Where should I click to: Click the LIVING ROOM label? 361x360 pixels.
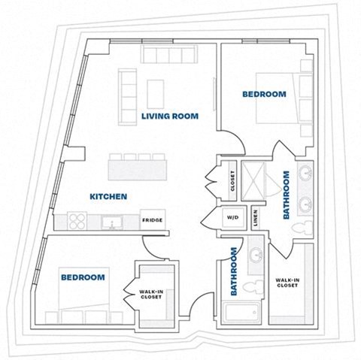pyautogui.click(x=169, y=116)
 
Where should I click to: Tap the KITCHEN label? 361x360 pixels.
pyautogui.click(x=108, y=197)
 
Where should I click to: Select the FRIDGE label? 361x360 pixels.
pyautogui.click(x=152, y=221)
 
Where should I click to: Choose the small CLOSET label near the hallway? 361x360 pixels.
pyautogui.click(x=232, y=180)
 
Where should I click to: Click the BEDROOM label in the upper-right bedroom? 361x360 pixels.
pyautogui.click(x=264, y=94)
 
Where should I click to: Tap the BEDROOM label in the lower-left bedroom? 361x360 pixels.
pyautogui.click(x=82, y=277)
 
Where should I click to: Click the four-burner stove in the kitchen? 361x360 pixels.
pyautogui.click(x=77, y=222)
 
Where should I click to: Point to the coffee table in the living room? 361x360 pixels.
pyautogui.click(x=156, y=92)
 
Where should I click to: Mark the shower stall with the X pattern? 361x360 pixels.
pyautogui.click(x=262, y=180)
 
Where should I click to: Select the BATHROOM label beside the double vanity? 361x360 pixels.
pyautogui.click(x=287, y=195)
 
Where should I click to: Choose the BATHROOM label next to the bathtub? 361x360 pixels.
pyautogui.click(x=235, y=271)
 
